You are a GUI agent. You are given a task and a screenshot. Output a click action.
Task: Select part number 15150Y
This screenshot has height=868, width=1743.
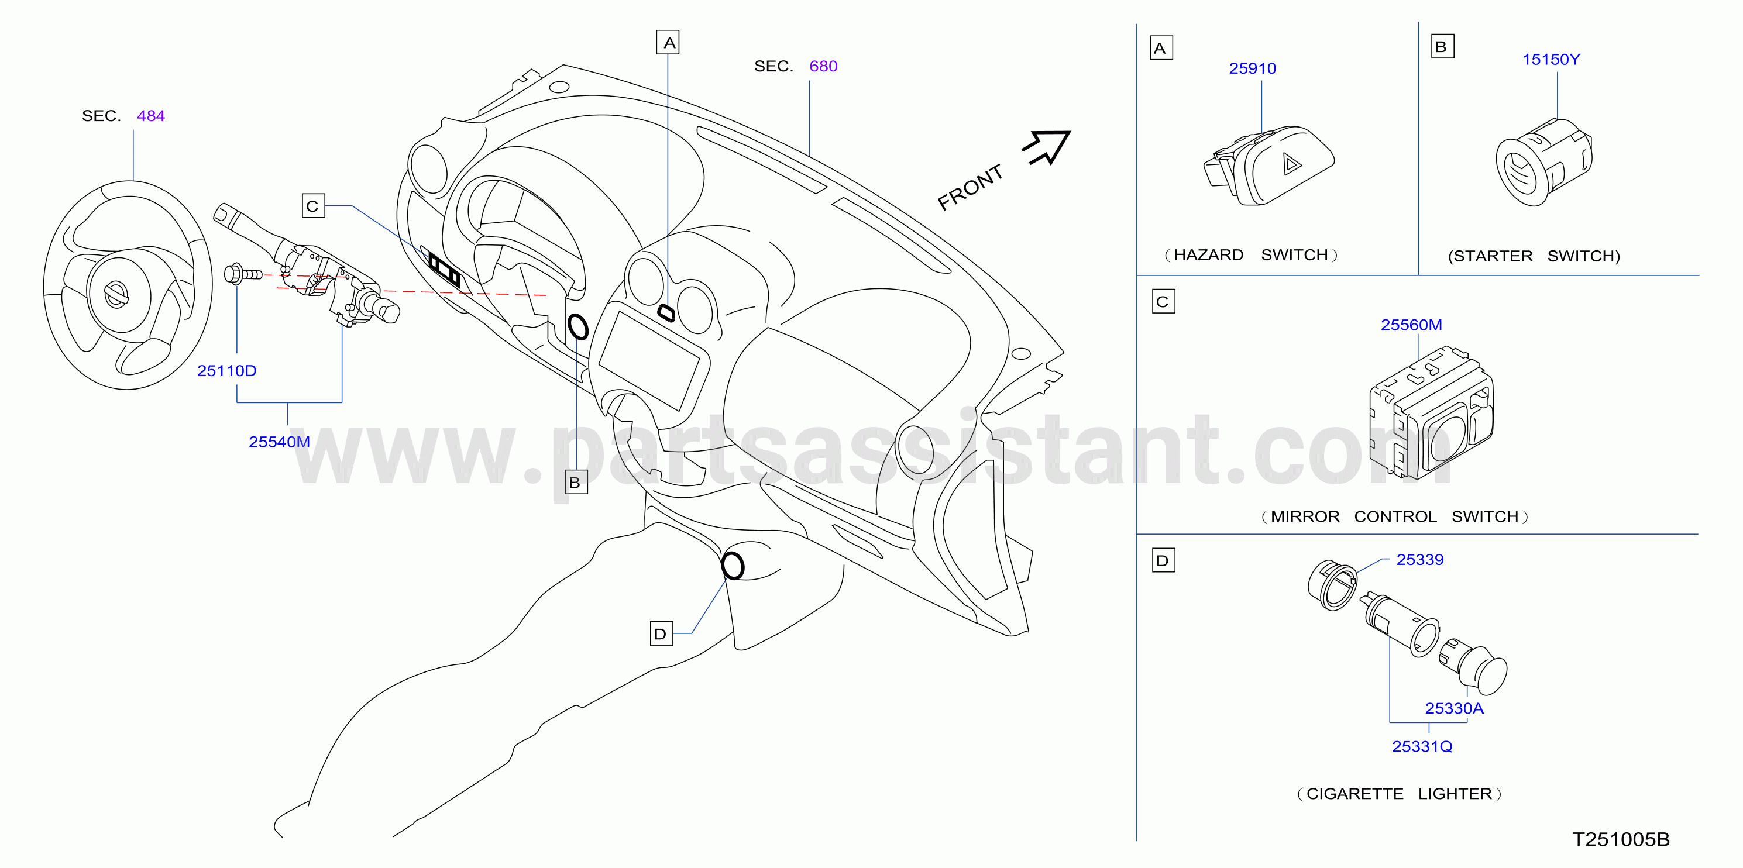coord(1551,60)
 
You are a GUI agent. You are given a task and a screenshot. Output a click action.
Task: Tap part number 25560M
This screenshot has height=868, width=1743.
coord(1411,325)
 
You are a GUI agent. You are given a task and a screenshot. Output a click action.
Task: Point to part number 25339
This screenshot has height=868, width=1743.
coord(1419,560)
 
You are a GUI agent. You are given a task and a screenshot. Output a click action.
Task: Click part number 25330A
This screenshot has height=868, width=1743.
coord(1454,708)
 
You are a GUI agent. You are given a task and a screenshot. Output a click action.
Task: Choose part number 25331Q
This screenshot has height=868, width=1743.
coord(1422,746)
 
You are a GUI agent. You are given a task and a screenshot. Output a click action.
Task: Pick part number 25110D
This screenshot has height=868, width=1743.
coord(226,371)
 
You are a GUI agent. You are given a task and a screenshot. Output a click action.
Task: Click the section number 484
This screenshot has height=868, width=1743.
coord(151,116)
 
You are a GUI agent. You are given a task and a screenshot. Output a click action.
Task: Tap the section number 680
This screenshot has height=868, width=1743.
coord(823,66)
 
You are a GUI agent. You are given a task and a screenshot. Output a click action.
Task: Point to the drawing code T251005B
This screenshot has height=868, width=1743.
coord(1621,839)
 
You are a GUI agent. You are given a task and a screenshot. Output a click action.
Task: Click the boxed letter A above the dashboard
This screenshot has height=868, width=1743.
coord(668,43)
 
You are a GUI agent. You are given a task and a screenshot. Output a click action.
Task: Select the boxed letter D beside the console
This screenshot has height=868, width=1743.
coord(661,634)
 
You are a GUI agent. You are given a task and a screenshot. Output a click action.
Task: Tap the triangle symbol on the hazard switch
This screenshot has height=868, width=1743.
coord(1292,164)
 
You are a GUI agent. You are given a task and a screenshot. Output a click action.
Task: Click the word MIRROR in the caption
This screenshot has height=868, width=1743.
coord(1305,517)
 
